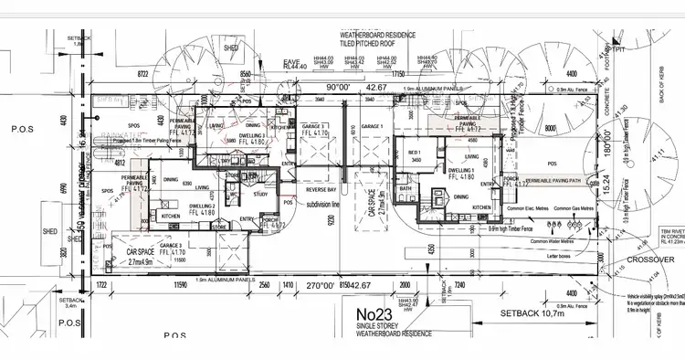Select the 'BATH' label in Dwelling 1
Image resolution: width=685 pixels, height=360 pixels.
pos(406,189)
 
